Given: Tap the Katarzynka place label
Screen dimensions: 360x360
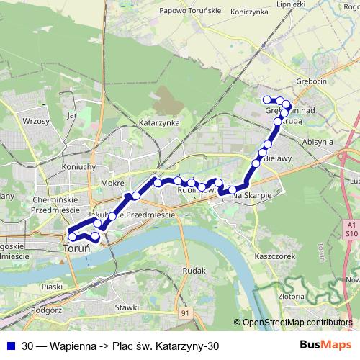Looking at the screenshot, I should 159,123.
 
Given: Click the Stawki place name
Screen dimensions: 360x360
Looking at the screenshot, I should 126,307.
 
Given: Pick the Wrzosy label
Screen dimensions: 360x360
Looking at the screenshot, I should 35,122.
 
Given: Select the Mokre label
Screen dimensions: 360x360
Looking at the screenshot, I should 113,183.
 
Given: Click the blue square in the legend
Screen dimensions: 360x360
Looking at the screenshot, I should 10,346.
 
